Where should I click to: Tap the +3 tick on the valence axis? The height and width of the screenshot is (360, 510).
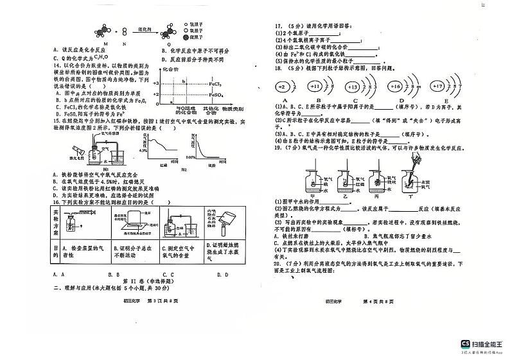(x=156, y=83)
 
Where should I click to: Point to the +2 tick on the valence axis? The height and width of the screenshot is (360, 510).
(x=156, y=94)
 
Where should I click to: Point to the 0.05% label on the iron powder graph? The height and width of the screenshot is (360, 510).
(x=191, y=157)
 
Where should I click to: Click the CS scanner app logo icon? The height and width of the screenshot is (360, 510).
(x=465, y=344)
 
